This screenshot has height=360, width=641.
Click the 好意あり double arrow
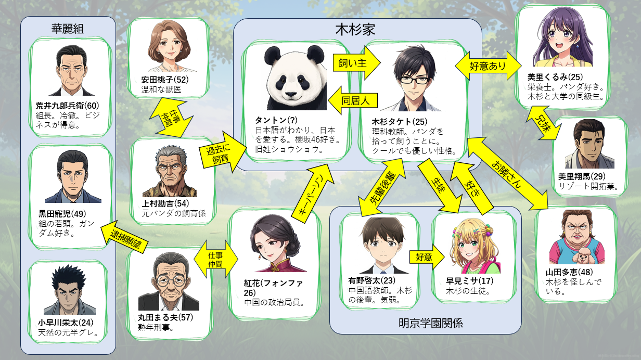(488, 66)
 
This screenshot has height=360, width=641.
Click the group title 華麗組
(68, 29)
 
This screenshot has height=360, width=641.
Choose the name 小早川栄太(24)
(65, 322)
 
